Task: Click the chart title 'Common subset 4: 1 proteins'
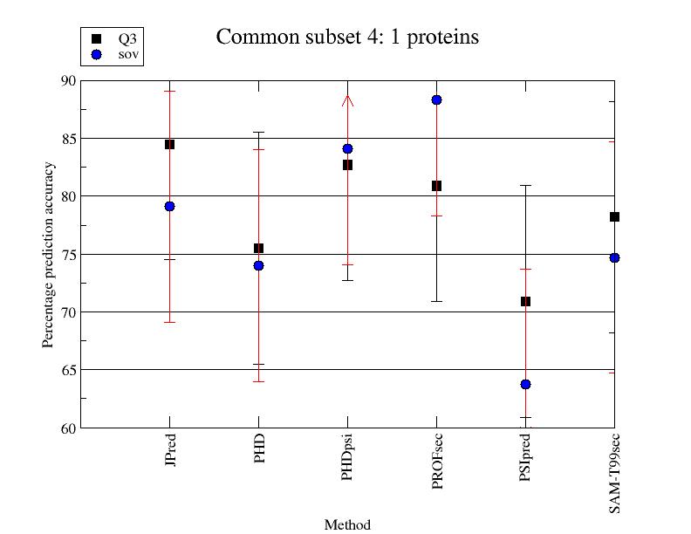coord(347,38)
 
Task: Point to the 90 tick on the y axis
coord(68,80)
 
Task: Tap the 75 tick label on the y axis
coord(68,254)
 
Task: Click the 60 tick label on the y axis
coord(68,428)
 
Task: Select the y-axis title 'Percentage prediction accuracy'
coord(49,254)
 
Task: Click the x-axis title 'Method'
coord(347,525)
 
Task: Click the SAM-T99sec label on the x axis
coord(615,472)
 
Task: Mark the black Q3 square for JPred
coord(169,144)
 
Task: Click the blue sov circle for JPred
coord(169,206)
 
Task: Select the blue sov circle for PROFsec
coord(436,100)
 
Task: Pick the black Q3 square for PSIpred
coord(525,301)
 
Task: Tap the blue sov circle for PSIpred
coord(525,384)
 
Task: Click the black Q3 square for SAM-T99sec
coord(614,216)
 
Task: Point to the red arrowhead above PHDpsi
coord(347,100)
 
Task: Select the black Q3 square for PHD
coord(258,249)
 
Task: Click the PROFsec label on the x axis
coord(437,458)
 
